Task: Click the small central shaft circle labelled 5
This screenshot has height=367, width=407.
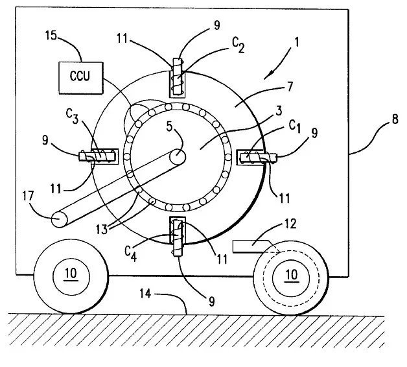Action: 179,156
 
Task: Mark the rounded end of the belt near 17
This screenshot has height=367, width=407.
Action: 58,219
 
